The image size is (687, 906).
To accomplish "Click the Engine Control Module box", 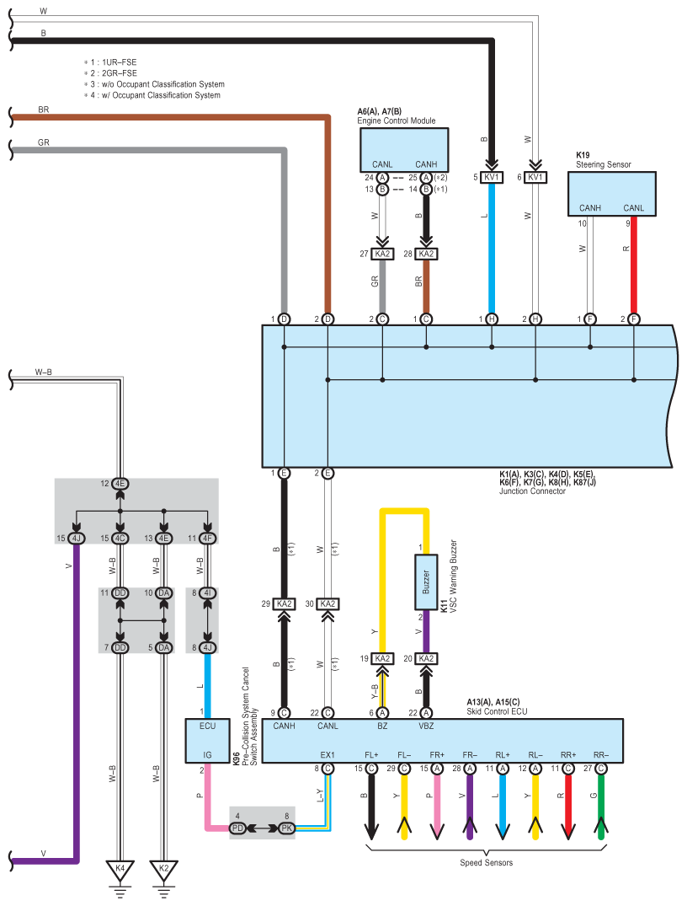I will pos(404,150).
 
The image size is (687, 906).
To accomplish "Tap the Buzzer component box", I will pos(425,582).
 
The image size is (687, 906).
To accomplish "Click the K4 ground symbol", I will pos(120,869).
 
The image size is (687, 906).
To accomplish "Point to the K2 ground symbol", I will pos(163,869).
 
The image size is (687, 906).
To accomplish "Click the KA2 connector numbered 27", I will pos(382,254).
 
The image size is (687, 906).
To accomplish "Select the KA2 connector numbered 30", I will pos(328,603).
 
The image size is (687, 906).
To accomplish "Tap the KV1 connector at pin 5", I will pos(493,177).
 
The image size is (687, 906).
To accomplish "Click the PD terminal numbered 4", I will pos(238,829).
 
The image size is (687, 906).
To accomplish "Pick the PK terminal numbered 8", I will pos(286,829).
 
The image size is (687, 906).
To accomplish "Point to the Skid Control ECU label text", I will pos(498,712).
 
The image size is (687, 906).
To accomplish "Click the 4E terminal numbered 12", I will pos(120,484).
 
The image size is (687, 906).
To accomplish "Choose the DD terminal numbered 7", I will pos(120,646).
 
